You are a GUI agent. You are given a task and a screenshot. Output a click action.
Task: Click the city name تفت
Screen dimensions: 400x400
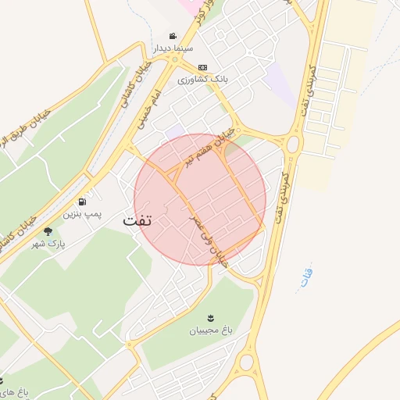[137, 220]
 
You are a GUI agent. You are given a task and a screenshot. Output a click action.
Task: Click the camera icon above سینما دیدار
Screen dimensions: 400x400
[173, 36]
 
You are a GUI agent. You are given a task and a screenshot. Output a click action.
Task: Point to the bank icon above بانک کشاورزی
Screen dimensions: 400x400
[202, 67]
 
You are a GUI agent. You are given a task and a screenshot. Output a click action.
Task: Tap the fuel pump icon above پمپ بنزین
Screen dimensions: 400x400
[82, 202]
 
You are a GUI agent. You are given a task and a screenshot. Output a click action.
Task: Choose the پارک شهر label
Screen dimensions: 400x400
[49, 244]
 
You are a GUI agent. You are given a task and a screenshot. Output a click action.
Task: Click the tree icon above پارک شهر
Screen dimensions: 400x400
[48, 231]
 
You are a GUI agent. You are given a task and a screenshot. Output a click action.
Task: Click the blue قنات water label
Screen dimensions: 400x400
[305, 277]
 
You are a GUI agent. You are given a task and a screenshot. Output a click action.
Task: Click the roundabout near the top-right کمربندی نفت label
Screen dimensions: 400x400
[294, 145]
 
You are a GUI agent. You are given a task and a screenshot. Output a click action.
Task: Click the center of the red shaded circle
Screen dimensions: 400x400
[200, 199]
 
